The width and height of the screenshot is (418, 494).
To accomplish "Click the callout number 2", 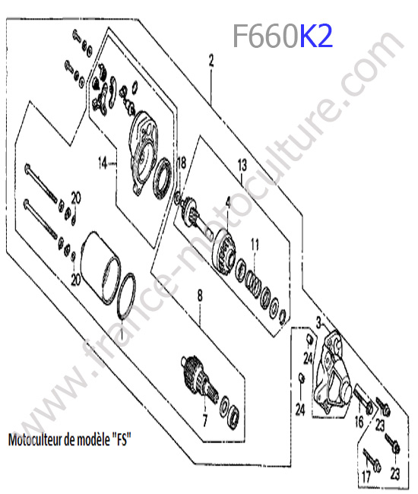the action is [211, 61].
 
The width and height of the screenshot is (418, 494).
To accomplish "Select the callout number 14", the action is [103, 163].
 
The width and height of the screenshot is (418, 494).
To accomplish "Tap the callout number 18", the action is [182, 163].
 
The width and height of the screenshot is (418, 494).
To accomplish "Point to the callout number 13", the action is [242, 165].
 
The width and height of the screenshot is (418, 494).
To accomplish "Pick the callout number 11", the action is [255, 244].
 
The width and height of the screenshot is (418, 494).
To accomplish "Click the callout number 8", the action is [200, 296].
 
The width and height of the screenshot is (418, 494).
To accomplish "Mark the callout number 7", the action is [205, 420].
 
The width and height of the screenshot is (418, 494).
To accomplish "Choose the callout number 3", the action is [318, 323].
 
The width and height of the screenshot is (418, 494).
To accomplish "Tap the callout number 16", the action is [359, 422].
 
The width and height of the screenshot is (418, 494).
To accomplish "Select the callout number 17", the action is [366, 477].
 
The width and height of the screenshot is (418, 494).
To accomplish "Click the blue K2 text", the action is [316, 36].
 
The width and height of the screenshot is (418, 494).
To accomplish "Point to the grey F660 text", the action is [265, 36].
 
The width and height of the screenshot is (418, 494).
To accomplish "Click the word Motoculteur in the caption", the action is [35, 439].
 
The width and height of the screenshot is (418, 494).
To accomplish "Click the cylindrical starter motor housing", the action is [100, 268].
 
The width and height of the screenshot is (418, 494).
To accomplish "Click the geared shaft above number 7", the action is [200, 379].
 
